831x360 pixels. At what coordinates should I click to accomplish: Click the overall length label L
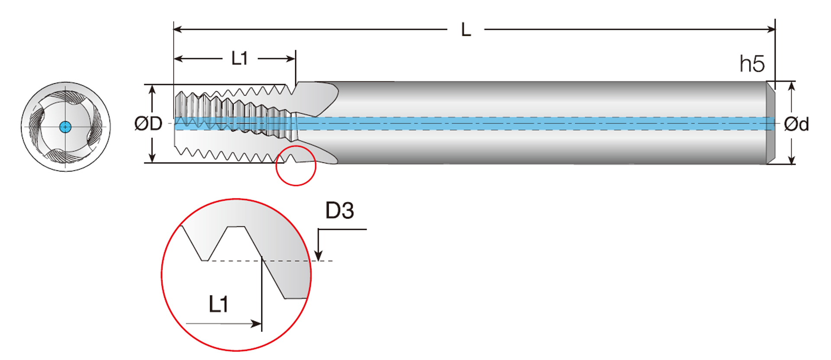466,30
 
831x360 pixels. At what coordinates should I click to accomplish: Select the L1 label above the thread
239,58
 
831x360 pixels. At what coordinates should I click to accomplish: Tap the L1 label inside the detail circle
218,304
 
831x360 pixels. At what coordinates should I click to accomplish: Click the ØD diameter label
148,124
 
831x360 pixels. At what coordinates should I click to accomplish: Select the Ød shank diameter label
796,124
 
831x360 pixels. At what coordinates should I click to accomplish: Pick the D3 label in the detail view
339,211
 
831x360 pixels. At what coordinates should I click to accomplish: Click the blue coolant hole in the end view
65,127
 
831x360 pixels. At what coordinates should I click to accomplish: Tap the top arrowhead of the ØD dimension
152,90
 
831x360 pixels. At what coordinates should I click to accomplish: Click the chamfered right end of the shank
770,123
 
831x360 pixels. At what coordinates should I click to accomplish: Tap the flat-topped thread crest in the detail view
236,226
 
